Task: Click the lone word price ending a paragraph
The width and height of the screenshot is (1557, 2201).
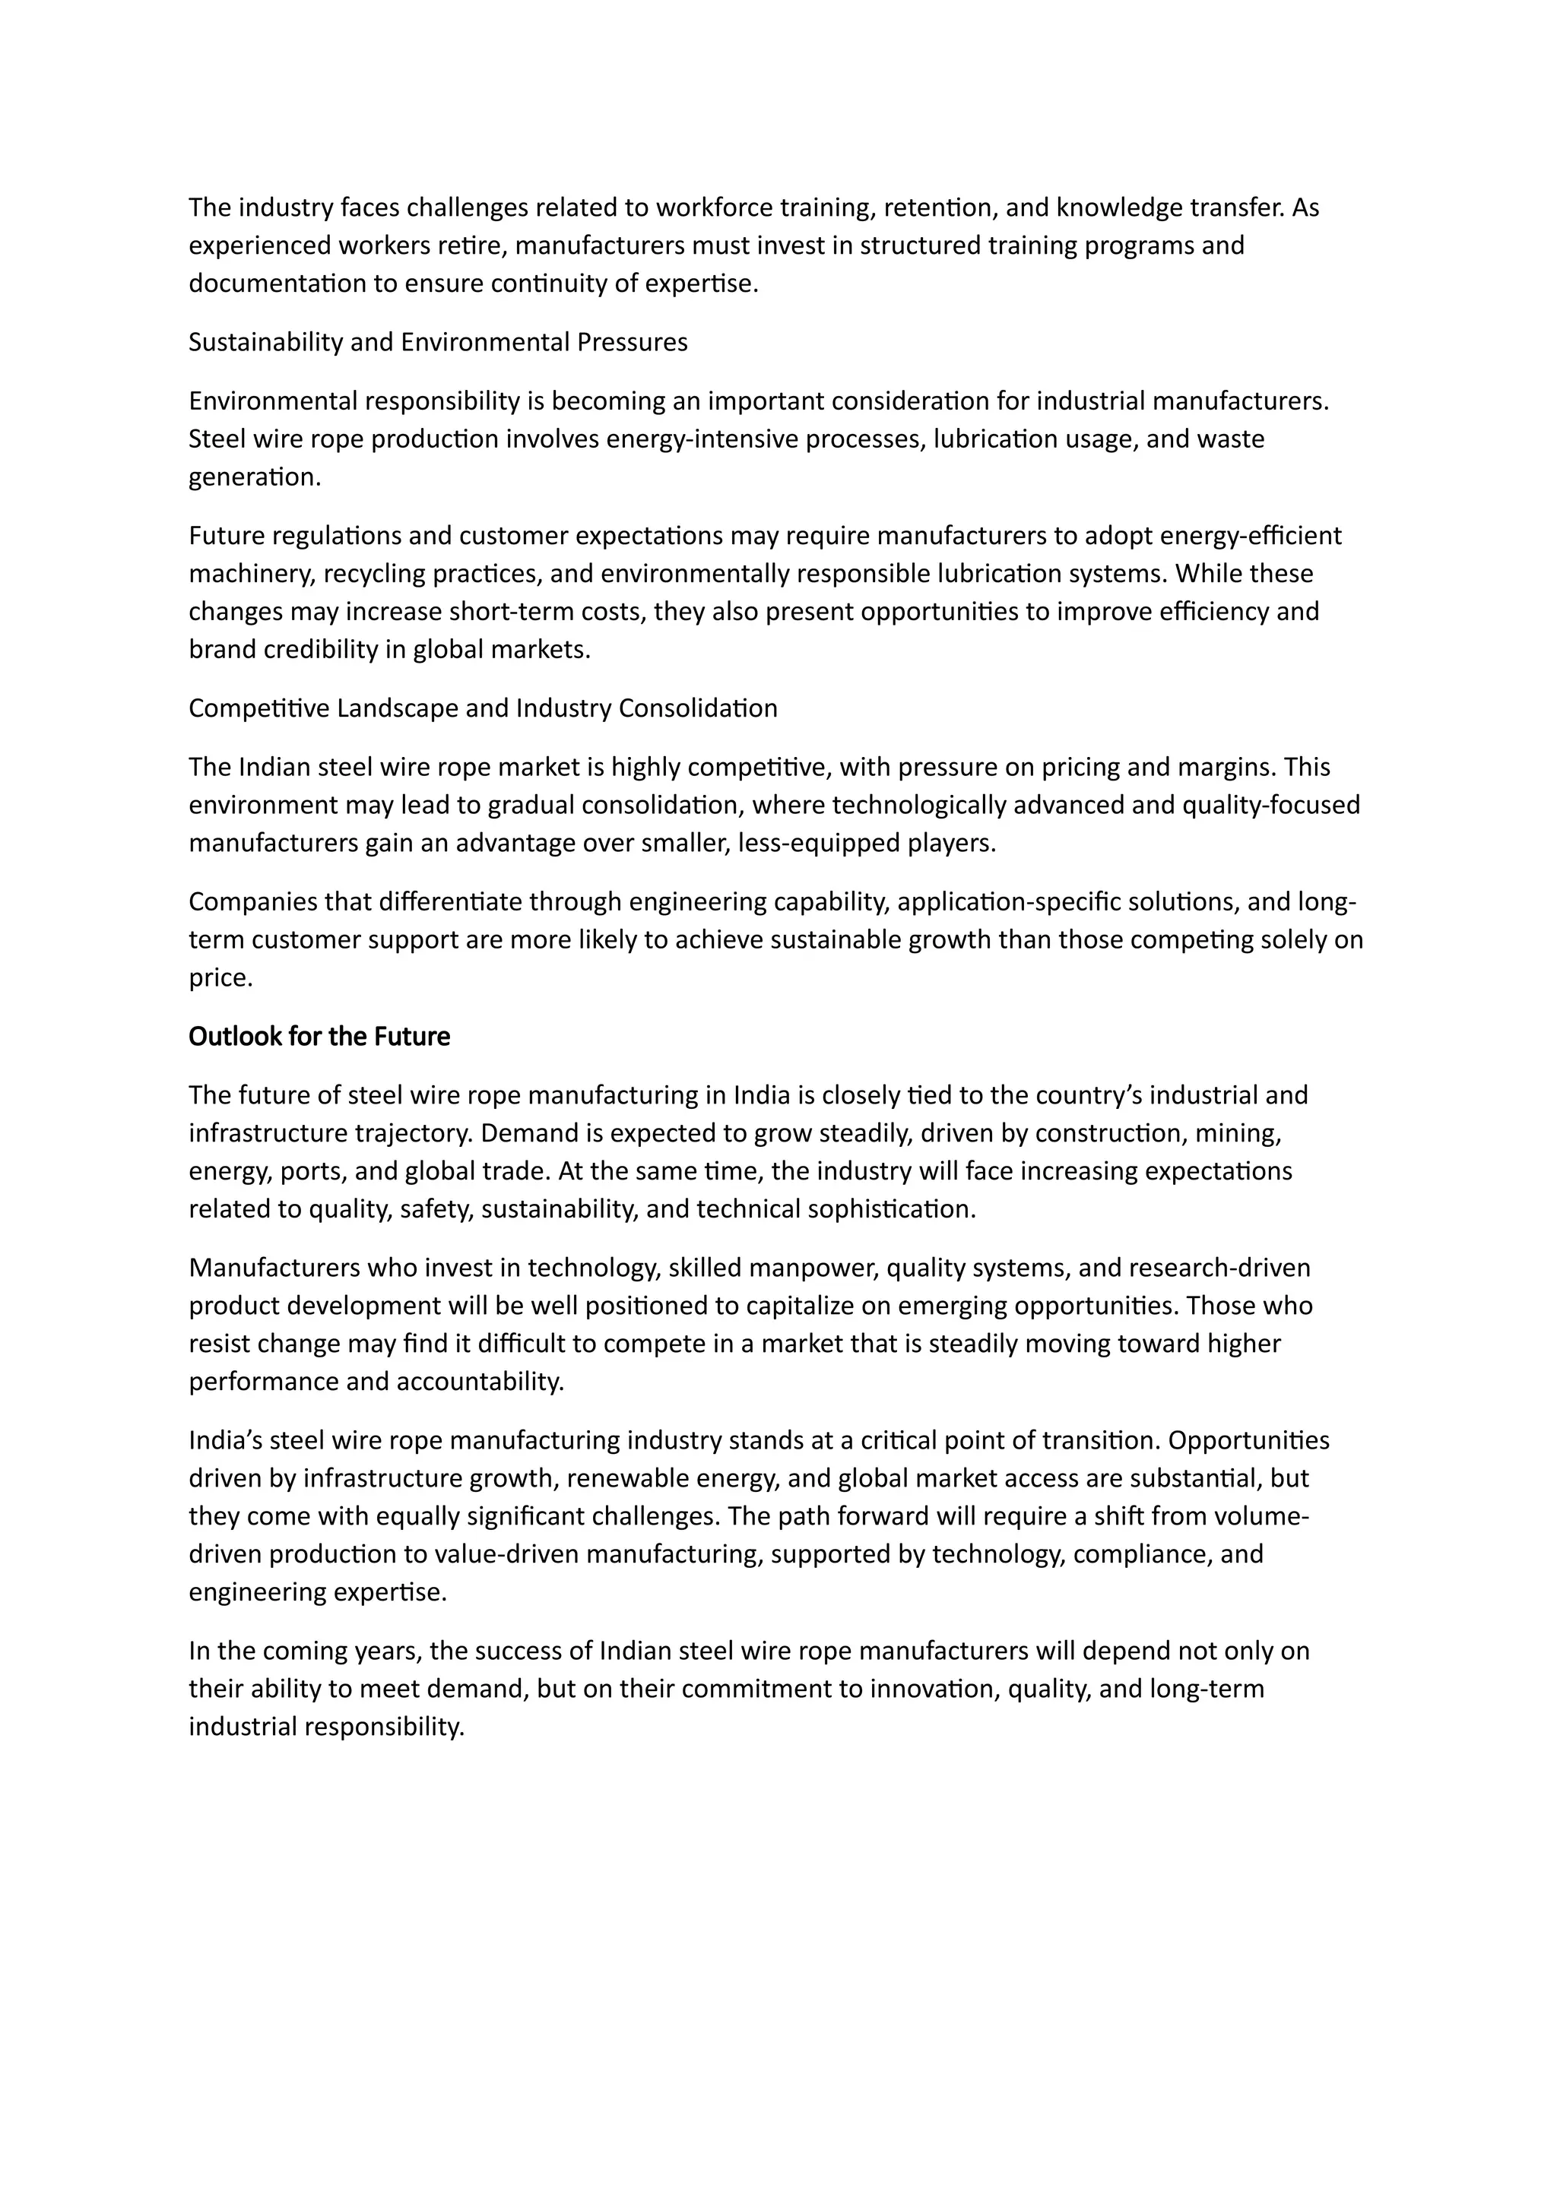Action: [220, 978]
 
